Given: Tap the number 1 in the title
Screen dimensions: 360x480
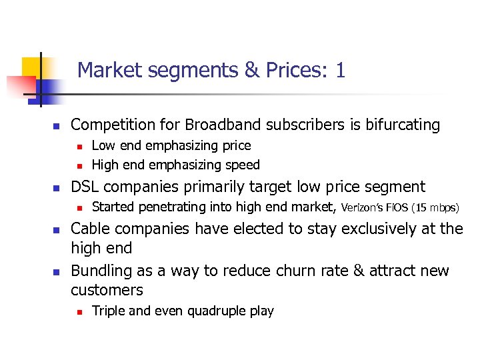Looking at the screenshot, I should click(x=341, y=70).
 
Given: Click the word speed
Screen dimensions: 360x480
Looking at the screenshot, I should click(x=243, y=164).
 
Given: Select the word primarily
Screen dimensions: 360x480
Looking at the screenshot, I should click(x=206, y=187).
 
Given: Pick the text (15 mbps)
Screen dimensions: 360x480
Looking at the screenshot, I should click(x=435, y=208).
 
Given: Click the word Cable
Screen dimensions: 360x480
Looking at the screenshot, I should click(x=90, y=229).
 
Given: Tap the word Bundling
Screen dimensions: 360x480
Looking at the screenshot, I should click(x=100, y=271).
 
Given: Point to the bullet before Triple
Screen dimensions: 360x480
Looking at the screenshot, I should click(x=78, y=311).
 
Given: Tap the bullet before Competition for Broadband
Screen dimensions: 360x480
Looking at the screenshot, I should click(x=57, y=125).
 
